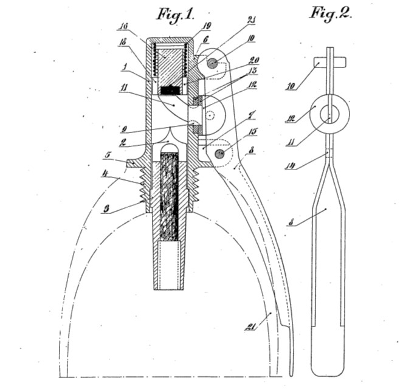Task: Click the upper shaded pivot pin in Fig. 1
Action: coord(211,63)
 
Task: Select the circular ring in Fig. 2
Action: coord(329,112)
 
